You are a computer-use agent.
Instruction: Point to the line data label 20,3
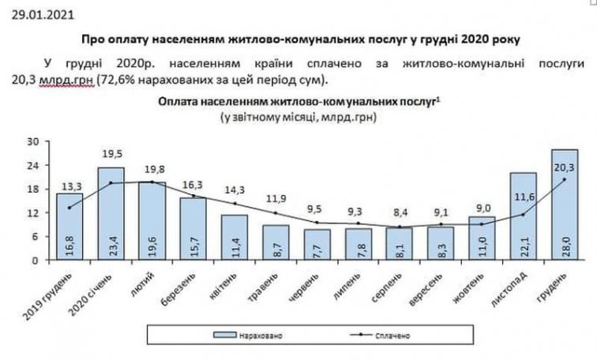pos(564,166)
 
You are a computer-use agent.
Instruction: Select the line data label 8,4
pos(399,213)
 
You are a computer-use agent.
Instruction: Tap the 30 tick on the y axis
pos(34,143)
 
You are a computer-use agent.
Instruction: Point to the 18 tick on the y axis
pos(34,189)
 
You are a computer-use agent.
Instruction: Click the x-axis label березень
pos(189,286)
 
